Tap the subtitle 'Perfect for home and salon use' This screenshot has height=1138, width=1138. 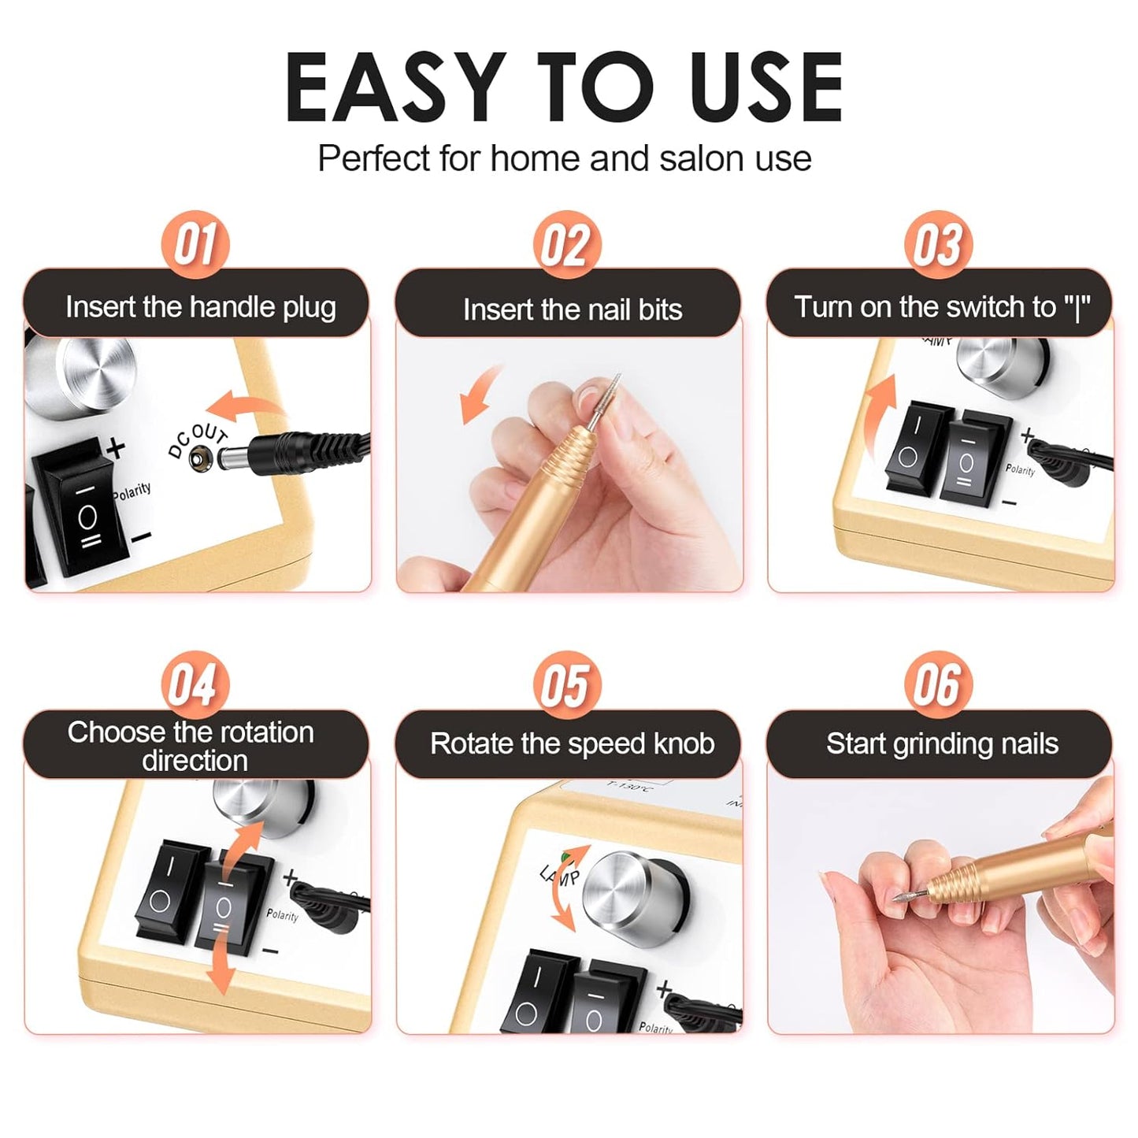pyautogui.click(x=564, y=158)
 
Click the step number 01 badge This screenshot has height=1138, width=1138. pyautogui.click(x=195, y=244)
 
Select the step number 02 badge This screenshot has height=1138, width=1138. pyautogui.click(x=566, y=245)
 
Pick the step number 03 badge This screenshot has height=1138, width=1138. pyautogui.click(x=938, y=244)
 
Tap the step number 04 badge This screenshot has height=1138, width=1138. pyautogui.click(x=195, y=684)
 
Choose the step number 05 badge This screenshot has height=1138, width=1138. pyautogui.click(x=566, y=684)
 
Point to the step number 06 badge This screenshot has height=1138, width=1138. pyautogui.click(x=938, y=684)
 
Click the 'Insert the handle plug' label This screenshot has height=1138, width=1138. pyautogui.click(x=200, y=306)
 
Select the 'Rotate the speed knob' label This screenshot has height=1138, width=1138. pyautogui.click(x=572, y=743)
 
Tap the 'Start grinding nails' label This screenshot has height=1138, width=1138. pyautogui.click(x=942, y=743)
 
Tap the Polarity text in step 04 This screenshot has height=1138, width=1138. pyautogui.click(x=282, y=914)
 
